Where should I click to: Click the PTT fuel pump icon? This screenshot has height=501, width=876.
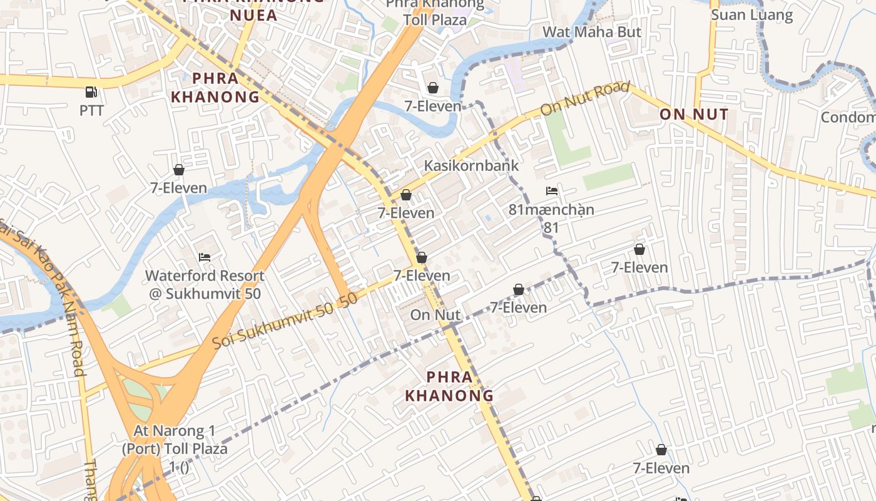point(91,92)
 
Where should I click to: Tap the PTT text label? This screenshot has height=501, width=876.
point(91,111)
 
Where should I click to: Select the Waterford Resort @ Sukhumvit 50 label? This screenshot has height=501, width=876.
point(205,284)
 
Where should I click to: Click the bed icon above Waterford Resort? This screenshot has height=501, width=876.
point(205,257)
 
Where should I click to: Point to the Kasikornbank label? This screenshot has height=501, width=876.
point(472,165)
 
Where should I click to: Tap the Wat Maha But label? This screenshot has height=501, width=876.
point(591,31)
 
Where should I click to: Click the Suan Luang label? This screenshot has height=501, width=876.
point(751,15)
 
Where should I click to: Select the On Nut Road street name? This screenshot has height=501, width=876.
point(584,98)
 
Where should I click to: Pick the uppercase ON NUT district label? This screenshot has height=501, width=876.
point(694,114)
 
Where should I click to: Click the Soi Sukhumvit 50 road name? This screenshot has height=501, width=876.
point(285,321)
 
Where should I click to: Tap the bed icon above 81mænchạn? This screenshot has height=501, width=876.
point(551,191)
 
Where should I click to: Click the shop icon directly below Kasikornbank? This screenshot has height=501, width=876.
point(406,195)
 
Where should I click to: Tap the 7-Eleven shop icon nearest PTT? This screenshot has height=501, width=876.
point(179,170)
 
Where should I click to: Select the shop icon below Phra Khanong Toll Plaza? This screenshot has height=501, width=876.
point(432,88)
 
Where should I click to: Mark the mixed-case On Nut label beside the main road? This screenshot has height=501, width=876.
point(435,314)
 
